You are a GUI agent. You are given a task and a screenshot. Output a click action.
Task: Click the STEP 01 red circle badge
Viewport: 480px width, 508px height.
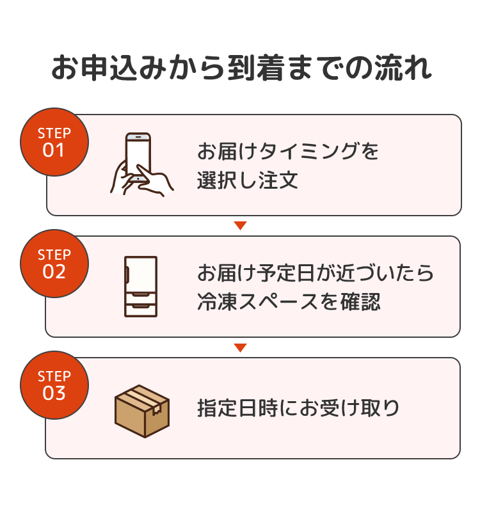[54, 142]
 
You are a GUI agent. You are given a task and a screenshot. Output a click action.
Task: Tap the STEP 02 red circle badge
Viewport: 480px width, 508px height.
[54, 264]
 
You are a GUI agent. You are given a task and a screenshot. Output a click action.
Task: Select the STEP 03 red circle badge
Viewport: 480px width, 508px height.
[54, 385]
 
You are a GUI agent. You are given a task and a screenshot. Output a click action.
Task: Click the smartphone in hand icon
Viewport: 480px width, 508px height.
[141, 164]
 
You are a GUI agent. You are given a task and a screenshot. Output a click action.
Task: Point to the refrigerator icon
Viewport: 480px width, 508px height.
[140, 286]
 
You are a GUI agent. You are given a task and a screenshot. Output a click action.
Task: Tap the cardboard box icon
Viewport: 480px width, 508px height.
[141, 410]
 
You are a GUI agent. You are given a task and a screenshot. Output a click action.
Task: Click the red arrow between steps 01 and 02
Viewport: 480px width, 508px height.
[240, 225]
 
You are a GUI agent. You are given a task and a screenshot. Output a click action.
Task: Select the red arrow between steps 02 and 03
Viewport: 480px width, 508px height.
[240, 347]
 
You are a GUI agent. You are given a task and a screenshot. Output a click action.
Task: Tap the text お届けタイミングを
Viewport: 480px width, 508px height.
[288, 152]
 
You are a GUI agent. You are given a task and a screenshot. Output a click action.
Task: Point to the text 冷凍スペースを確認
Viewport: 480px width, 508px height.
[289, 301]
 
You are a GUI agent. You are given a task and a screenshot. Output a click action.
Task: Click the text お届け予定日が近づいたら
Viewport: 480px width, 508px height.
[316, 273]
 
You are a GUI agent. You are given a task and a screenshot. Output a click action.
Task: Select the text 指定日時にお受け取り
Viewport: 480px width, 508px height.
[298, 408]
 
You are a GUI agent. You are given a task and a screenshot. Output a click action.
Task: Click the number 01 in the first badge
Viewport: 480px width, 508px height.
[54, 150]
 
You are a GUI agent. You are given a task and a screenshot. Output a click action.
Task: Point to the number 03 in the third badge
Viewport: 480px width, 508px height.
[54, 393]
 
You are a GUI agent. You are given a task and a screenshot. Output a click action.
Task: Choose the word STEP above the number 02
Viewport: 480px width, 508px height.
[54, 255]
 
